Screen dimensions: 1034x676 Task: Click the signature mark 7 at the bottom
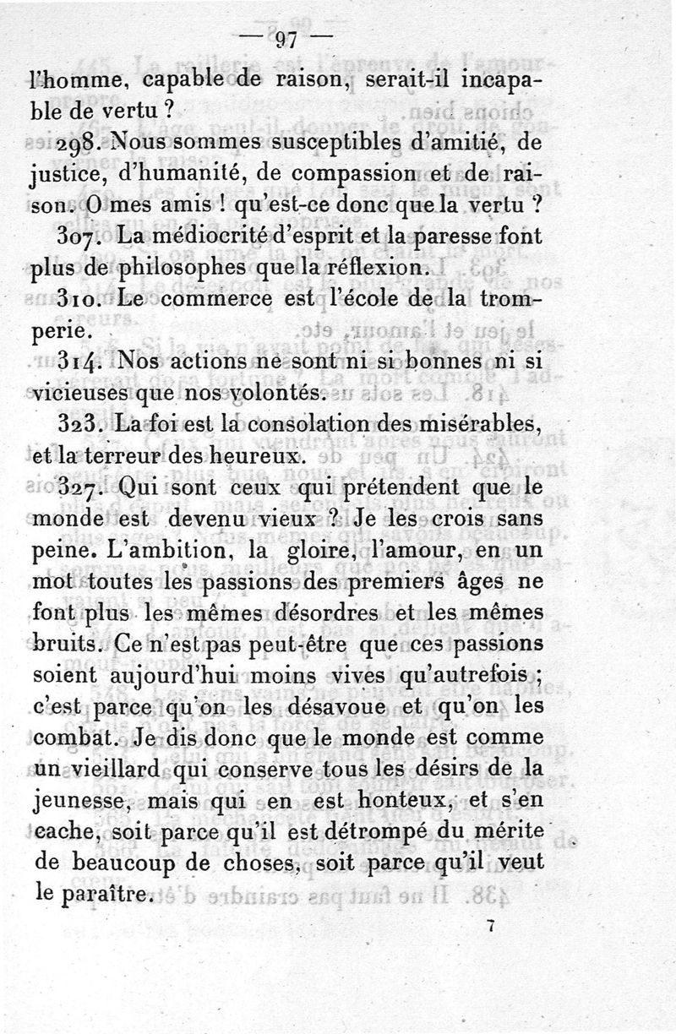pyautogui.click(x=489, y=926)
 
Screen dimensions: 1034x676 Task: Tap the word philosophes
pyautogui.click(x=194, y=269)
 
